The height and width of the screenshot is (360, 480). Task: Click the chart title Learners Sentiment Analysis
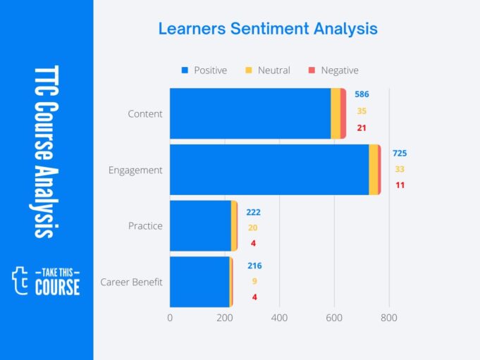[x=267, y=29]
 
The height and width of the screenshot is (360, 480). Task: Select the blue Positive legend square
[x=185, y=70]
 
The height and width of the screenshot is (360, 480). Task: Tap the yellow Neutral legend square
[x=248, y=70]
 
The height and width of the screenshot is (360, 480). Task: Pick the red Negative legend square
[x=312, y=70]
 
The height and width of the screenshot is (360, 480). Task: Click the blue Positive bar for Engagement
[x=269, y=170]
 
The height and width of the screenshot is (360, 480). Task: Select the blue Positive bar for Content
[x=250, y=113]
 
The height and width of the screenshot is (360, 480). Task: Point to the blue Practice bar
[x=200, y=225]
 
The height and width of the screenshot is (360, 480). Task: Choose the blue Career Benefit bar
[x=199, y=282]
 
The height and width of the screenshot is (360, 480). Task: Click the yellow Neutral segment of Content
[x=336, y=113]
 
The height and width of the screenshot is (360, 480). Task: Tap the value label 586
[x=362, y=94]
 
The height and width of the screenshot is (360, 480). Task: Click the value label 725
[x=400, y=153]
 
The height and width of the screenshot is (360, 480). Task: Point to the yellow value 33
[x=400, y=169]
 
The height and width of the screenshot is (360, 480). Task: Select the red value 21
[x=362, y=128]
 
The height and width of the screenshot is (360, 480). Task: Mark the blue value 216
[x=254, y=266]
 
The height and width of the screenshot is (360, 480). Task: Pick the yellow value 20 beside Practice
[x=253, y=228]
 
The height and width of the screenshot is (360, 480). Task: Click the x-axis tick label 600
[x=334, y=318]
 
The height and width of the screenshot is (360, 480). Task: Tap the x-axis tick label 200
[x=225, y=318]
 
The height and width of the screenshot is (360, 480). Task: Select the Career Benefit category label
[x=131, y=283]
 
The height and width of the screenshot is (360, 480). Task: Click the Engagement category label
[x=135, y=170]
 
